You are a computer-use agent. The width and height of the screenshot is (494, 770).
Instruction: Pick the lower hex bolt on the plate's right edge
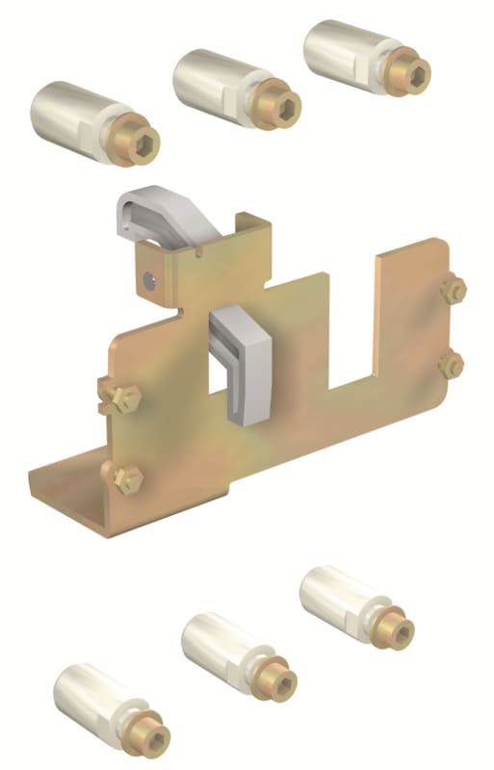point(450,365)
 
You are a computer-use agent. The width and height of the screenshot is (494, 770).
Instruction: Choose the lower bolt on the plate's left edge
point(120,475)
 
